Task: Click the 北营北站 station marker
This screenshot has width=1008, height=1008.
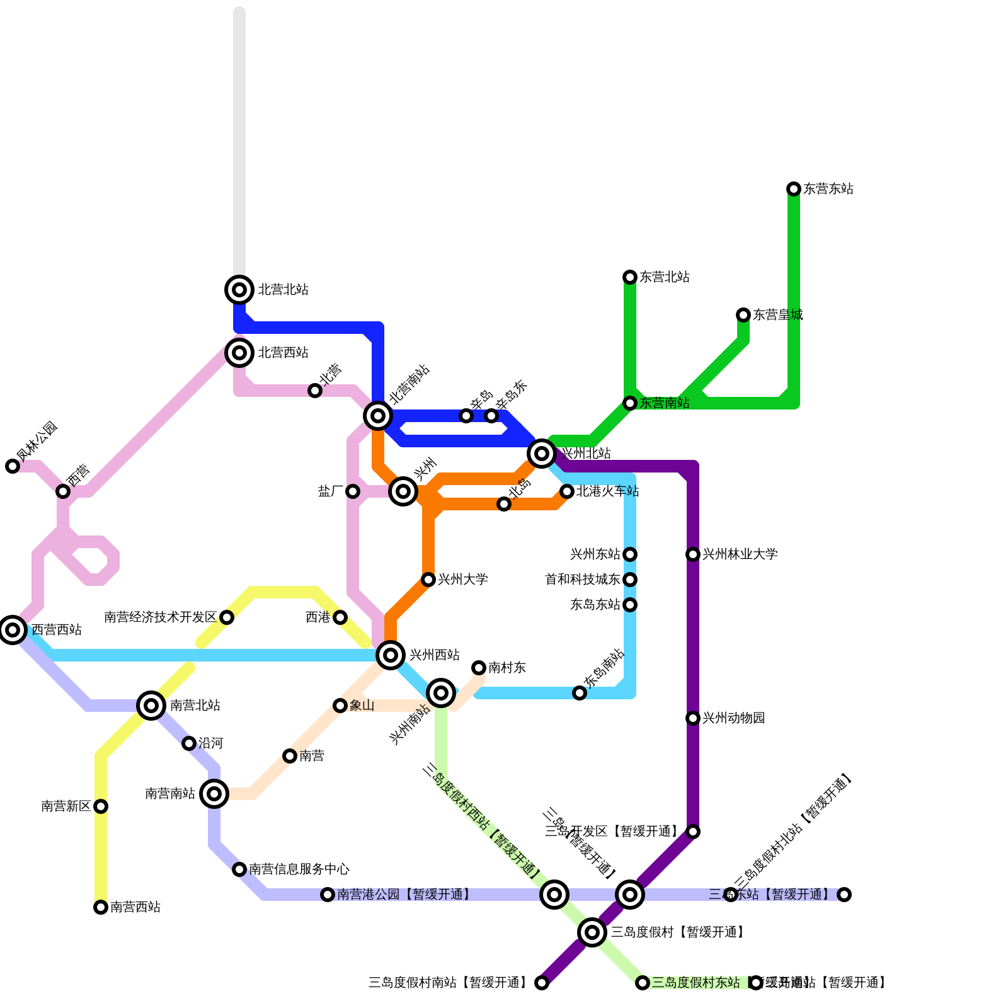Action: [239, 290]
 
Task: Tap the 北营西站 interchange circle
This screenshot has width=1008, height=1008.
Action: [239, 353]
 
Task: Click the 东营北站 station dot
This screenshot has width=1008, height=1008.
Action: [630, 277]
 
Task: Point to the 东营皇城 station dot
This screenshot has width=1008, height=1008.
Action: [743, 315]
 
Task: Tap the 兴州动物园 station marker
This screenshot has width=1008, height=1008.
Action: [693, 718]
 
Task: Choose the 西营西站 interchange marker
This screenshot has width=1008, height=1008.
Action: [13, 630]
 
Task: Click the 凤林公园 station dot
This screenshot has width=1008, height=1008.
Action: [13, 466]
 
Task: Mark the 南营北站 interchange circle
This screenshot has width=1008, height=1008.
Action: [151, 706]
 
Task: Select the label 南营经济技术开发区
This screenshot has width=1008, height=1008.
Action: [160, 617]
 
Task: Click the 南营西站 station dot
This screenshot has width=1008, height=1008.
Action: [101, 907]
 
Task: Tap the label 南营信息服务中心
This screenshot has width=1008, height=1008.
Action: [299, 869]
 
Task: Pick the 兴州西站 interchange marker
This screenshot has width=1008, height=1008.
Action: [391, 655]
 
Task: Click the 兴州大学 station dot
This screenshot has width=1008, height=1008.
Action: [428, 580]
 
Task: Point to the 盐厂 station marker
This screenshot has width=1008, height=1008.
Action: [353, 491]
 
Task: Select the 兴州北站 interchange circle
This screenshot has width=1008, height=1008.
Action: [542, 453]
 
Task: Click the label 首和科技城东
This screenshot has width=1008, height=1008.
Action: [583, 580]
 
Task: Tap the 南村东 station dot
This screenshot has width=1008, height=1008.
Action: [479, 668]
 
